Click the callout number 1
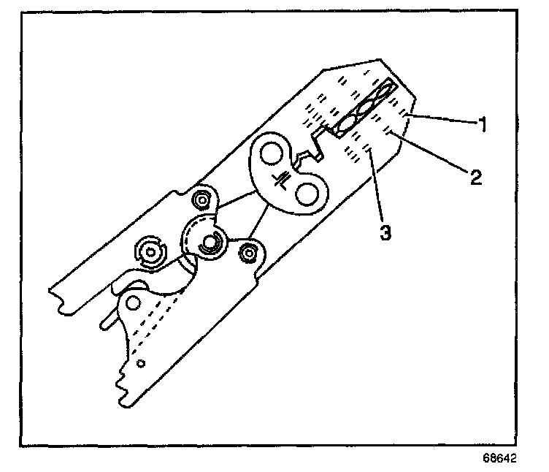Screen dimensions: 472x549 (x=482, y=123)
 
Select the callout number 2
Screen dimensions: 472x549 (x=475, y=177)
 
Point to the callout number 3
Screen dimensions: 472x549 (x=384, y=234)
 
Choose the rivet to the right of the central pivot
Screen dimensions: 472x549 (x=248, y=253)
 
